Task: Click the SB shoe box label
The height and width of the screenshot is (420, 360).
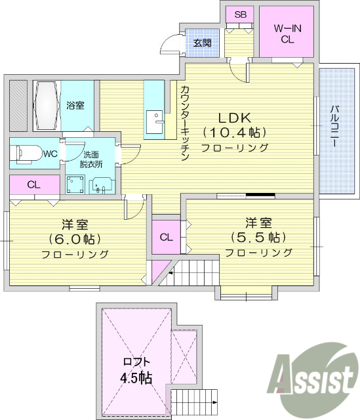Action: coord(240,14)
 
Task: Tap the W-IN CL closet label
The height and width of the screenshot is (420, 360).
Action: coord(287,33)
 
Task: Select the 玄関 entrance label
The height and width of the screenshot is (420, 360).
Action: coord(202,43)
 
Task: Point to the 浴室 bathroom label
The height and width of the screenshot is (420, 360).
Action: coord(75,105)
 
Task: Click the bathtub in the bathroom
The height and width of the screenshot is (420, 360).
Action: coord(45,105)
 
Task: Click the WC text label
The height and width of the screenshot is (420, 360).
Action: coord(50,154)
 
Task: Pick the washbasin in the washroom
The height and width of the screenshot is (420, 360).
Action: coord(100,186)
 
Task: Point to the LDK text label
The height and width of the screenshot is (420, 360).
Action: coord(235,118)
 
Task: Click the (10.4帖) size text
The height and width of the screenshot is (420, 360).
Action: coord(235,133)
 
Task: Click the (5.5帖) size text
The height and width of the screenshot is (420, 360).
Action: coord(258,237)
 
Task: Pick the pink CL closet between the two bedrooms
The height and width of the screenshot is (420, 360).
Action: coord(166,237)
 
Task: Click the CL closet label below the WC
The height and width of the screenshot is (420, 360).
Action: coord(33,185)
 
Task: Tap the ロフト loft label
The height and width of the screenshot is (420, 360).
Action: coord(137,362)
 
